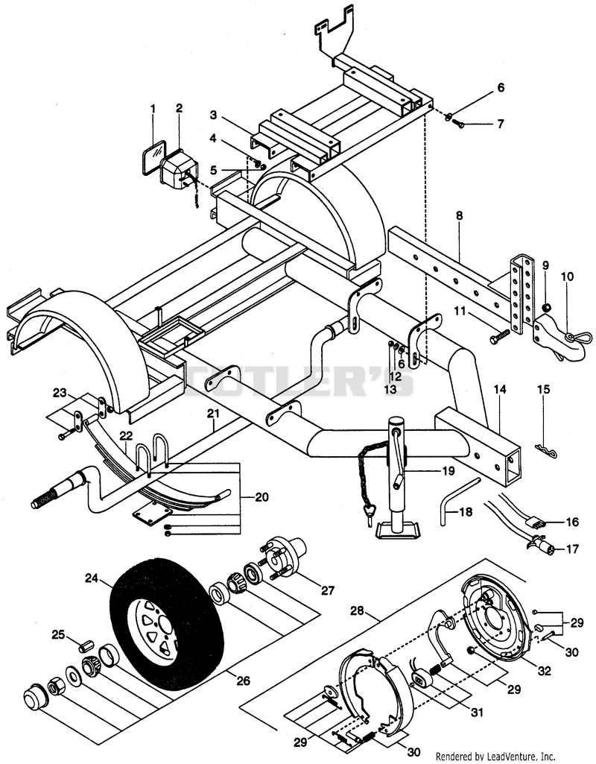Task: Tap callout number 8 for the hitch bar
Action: click(459, 215)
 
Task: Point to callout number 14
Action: click(500, 389)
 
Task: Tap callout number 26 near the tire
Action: click(243, 680)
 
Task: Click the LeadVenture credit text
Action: click(495, 757)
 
